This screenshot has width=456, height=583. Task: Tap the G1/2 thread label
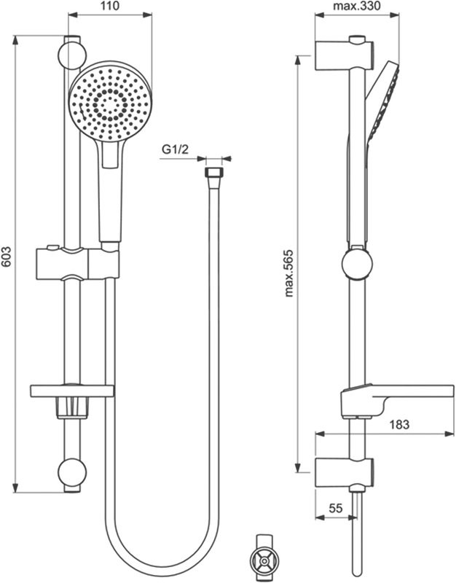176,150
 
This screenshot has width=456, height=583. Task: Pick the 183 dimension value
399,423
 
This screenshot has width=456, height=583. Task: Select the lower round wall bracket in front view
73,473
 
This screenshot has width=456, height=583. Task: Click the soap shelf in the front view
72,391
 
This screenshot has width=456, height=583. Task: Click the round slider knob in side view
356,264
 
